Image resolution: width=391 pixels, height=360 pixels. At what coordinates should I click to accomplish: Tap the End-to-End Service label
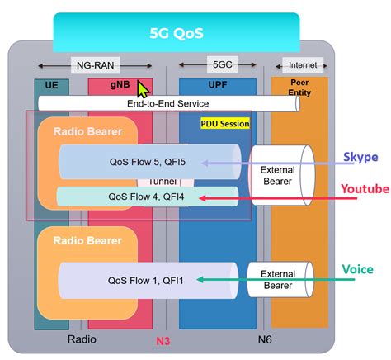(167, 103)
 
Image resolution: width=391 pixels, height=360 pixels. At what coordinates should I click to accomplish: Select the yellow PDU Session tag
(224, 122)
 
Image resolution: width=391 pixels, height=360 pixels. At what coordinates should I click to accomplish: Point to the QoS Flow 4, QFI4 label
(146, 197)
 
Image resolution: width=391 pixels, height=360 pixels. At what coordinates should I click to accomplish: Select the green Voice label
(357, 269)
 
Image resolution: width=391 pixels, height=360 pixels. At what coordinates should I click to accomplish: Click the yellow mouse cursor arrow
(144, 88)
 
